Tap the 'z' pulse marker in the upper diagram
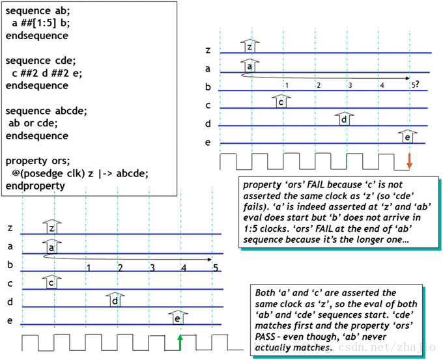249,46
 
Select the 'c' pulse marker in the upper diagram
280,101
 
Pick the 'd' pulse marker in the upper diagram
343,119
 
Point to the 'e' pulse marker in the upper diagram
407,137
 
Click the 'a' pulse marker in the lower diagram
51,247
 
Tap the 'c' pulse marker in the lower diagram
51,283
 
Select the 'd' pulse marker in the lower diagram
115,300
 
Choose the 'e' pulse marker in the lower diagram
177,318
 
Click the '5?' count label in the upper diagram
414,84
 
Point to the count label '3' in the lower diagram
152,268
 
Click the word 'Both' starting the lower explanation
267,293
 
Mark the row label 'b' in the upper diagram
208,87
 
